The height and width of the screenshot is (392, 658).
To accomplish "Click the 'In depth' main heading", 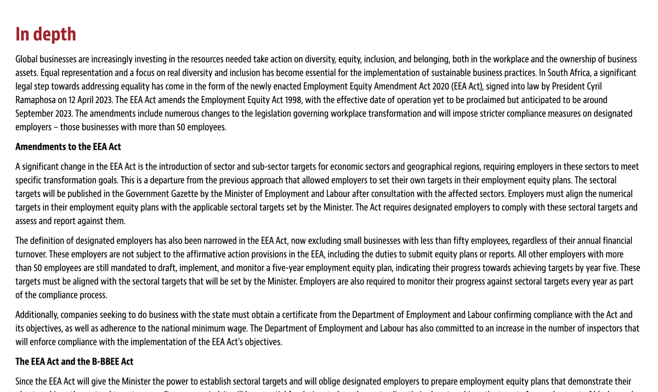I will (46, 34).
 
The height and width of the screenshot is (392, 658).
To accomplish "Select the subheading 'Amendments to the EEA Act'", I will (68, 147).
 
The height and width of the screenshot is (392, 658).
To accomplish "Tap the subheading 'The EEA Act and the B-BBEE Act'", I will (74, 361).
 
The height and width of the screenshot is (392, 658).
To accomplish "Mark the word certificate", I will (289, 315).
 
